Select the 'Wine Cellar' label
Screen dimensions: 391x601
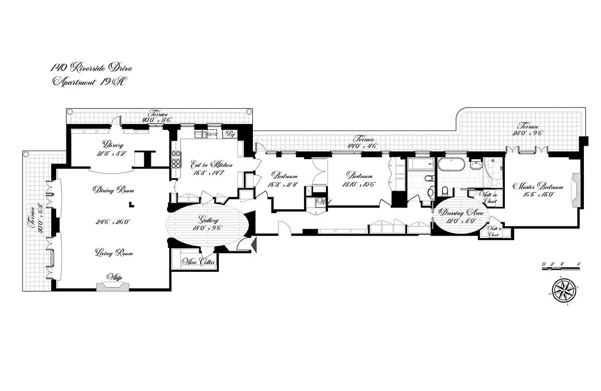click(199, 262)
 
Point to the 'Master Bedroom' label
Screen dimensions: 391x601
click(538, 187)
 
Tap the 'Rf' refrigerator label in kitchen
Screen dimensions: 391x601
click(229, 133)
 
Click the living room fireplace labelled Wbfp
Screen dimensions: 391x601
click(113, 284)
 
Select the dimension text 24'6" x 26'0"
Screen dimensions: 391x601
click(112, 221)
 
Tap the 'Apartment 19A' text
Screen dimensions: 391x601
click(88, 82)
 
